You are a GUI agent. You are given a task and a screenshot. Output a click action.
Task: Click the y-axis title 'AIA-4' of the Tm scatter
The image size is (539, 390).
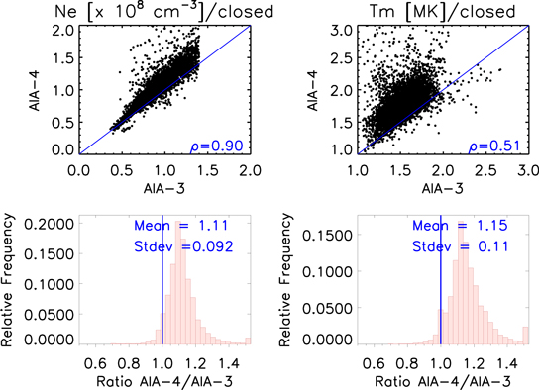(x=296, y=88)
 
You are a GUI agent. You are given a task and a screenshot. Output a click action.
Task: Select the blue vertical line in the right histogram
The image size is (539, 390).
(x=447, y=297)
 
